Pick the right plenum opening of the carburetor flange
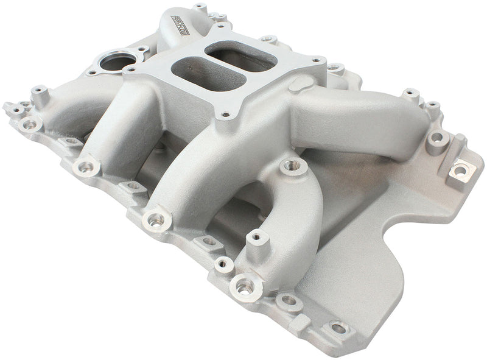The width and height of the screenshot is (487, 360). [240, 55]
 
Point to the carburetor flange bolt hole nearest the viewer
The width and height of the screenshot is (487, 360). [225, 113]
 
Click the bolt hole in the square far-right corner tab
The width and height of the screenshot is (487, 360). [459, 170]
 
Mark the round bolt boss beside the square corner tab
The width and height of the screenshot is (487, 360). [438, 139]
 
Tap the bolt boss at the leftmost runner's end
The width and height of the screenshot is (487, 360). [85, 166]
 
